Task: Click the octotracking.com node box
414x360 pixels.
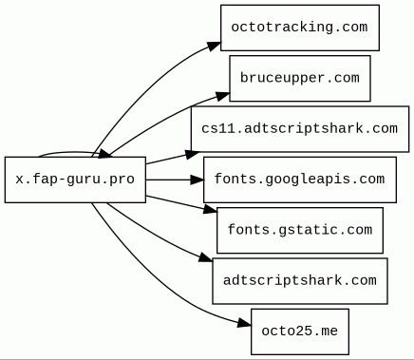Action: pyautogui.click(x=300, y=28)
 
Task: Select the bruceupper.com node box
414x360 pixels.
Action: pyautogui.click(x=300, y=78)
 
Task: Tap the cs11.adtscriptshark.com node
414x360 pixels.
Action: pyautogui.click(x=300, y=129)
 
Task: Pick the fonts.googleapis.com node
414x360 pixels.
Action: pyautogui.click(x=300, y=180)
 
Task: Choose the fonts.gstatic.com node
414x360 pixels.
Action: pyautogui.click(x=300, y=230)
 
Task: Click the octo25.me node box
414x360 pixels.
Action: pyautogui.click(x=300, y=332)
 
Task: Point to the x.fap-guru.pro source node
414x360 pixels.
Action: pyautogui.click(x=75, y=180)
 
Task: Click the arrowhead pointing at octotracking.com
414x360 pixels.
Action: pyautogui.click(x=214, y=47)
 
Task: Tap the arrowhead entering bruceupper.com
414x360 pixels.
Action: pyautogui.click(x=223, y=96)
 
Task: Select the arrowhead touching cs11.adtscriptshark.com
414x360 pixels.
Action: pyautogui.click(x=193, y=154)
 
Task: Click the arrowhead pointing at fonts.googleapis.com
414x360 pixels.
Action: pyautogui.click(x=197, y=180)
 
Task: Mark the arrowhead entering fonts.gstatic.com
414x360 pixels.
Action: pyautogui.click(x=210, y=209)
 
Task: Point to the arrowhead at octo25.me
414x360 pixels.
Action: pyautogui.click(x=244, y=323)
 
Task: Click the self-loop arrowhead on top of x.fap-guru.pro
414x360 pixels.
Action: pyautogui.click(x=105, y=154)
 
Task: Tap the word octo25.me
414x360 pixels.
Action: pyautogui.click(x=300, y=332)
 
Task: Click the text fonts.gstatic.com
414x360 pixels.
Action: pyautogui.click(x=300, y=230)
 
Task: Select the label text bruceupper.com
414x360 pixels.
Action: pyautogui.click(x=300, y=78)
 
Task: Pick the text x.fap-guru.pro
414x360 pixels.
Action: pyautogui.click(x=75, y=180)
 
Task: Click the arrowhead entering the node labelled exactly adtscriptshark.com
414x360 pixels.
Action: pyautogui.click(x=206, y=257)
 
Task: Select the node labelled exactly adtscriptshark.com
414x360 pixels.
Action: pyautogui.click(x=300, y=281)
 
